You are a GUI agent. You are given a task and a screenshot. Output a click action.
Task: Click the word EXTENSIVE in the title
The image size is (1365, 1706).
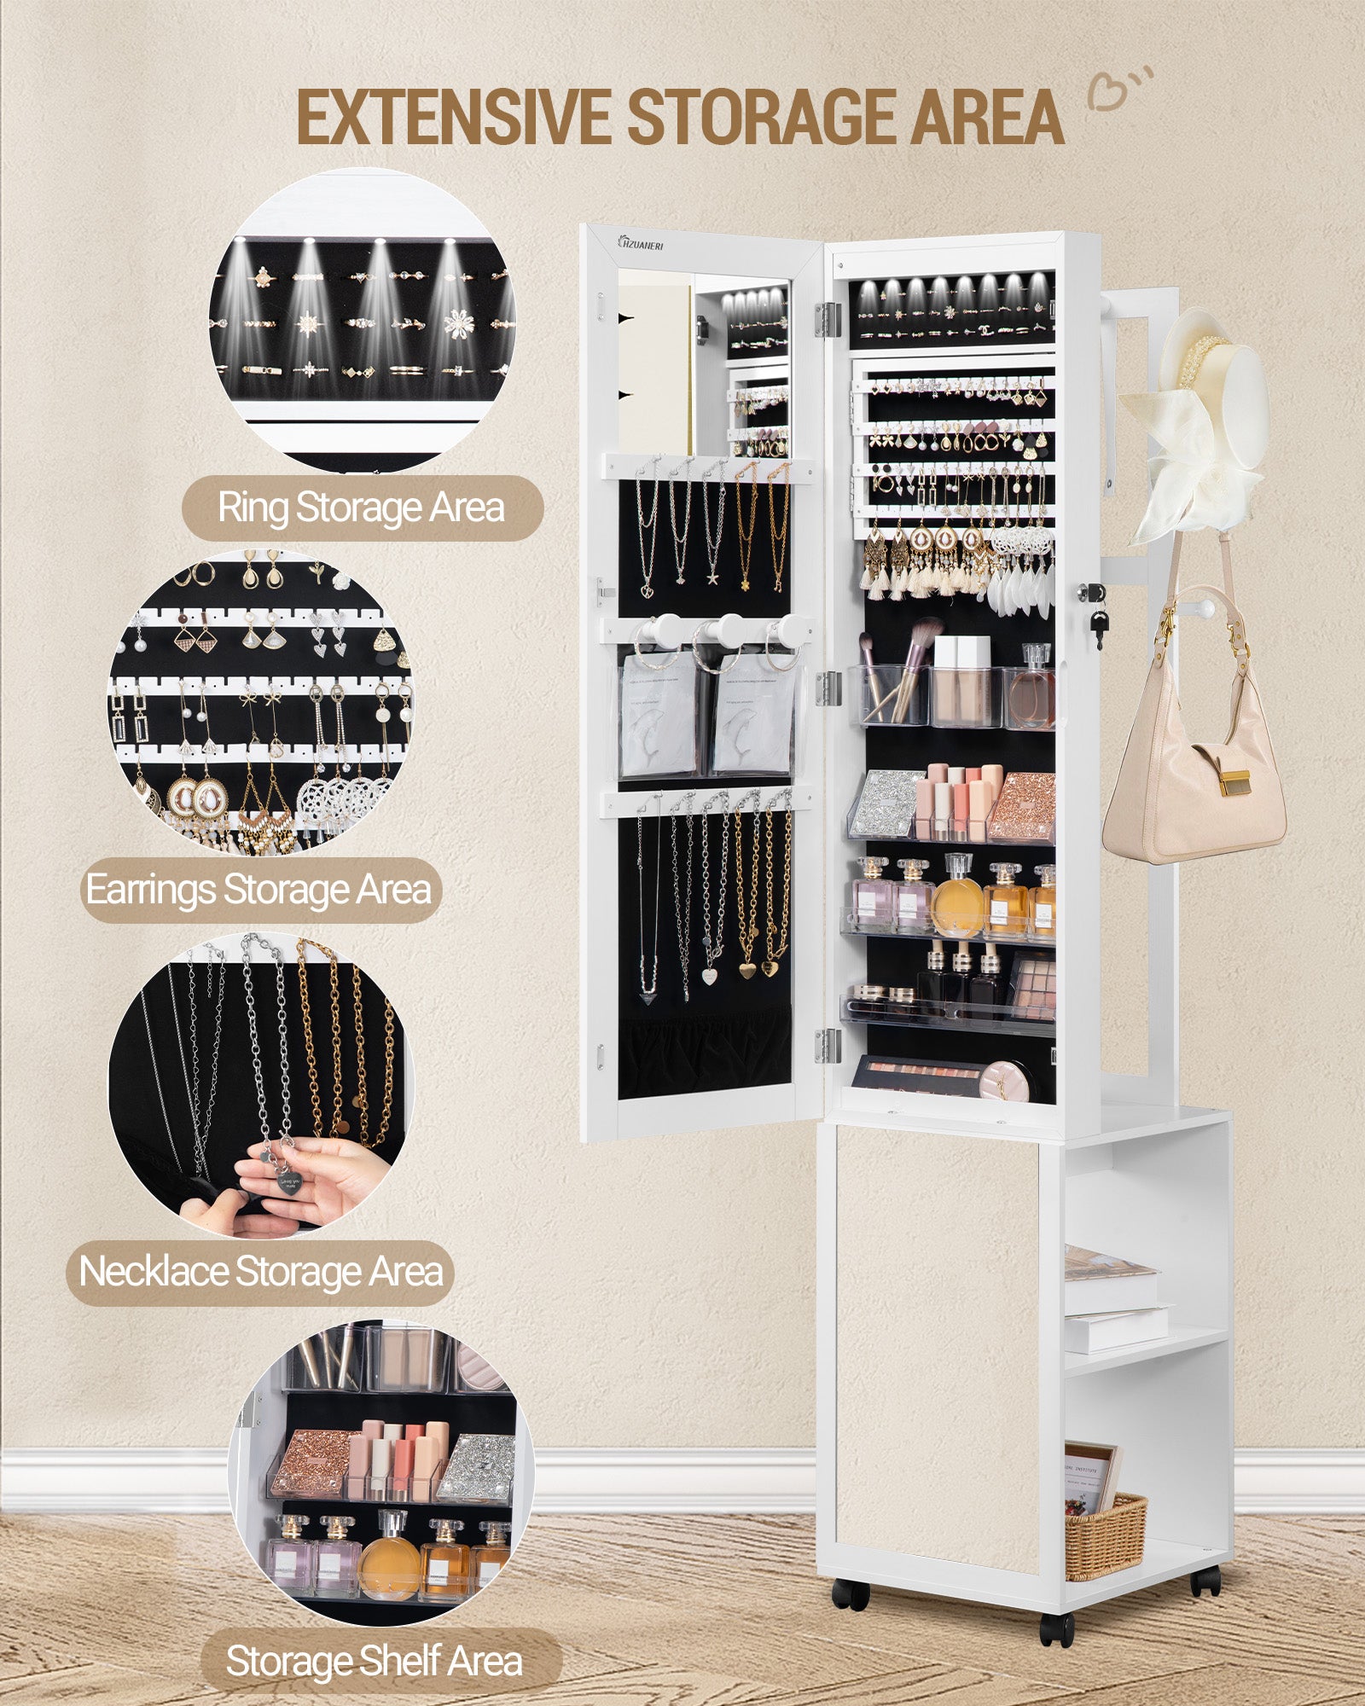452,118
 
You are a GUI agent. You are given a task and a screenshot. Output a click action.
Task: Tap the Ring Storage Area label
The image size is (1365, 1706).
362,508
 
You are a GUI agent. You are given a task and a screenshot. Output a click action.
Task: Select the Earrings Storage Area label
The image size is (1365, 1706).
259,891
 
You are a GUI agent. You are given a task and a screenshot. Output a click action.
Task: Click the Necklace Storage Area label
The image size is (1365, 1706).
261,1272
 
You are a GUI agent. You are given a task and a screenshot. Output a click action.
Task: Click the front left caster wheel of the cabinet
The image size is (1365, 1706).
849,1593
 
